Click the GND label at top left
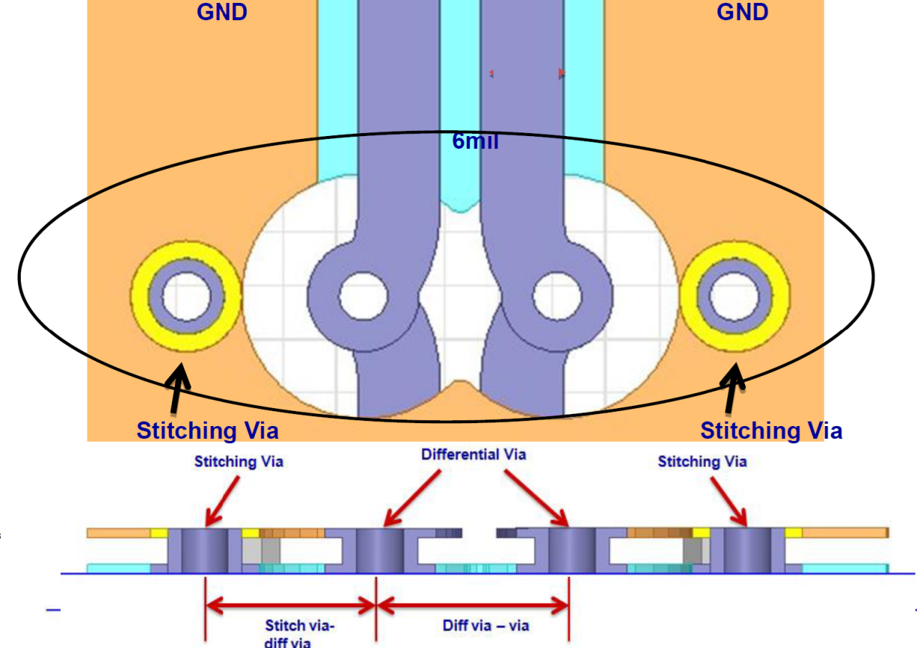tap(221, 11)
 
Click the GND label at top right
tap(742, 11)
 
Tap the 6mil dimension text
tap(475, 141)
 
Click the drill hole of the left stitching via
tap(185, 296)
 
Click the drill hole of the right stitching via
tap(734, 296)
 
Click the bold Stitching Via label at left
tap(207, 430)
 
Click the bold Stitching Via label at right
tap(771, 430)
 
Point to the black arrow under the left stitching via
tap(179, 387)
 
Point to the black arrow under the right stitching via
tap(732, 387)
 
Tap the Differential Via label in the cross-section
tap(473, 455)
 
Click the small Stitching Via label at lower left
tap(239, 462)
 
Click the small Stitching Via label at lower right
tap(702, 462)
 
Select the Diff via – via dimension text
tap(486, 625)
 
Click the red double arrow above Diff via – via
tap(472, 607)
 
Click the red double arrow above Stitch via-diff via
tap(290, 607)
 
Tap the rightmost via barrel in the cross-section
tap(747, 551)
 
